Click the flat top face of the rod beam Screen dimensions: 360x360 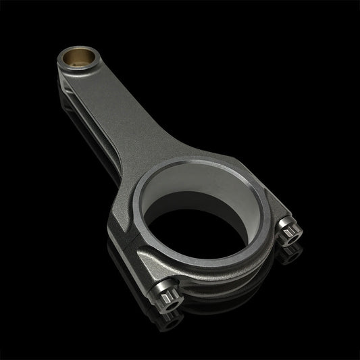[128, 115]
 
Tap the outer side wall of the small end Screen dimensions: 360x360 [64, 71]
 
